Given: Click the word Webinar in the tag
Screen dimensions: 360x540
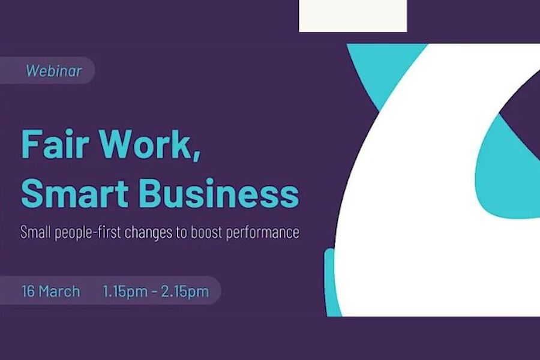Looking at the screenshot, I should coord(53,71).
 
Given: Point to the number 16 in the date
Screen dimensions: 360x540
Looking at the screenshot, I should coord(28,292).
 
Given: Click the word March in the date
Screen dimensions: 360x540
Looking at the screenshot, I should coord(59,292).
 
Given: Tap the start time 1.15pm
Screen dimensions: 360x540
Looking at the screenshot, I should coord(124,292).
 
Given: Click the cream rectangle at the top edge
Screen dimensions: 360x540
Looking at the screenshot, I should coord(353,16).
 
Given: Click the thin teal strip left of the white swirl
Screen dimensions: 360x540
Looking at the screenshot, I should coord(329,282).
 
